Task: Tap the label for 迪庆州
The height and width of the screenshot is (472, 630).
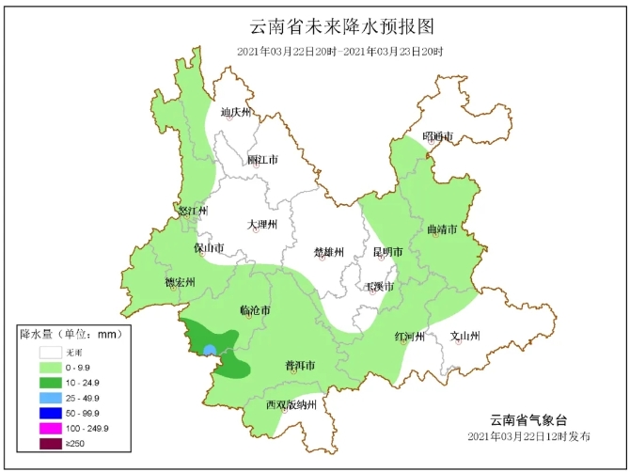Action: point(236,113)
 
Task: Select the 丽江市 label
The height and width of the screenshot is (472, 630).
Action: point(262,160)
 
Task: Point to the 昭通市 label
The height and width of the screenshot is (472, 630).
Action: point(437,137)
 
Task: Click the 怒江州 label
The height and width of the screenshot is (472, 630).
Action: point(192,211)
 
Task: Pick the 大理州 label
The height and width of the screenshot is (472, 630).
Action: point(262,225)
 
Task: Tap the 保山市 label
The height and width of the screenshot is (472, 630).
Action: point(209,248)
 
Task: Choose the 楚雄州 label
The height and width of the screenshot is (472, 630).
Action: point(329,252)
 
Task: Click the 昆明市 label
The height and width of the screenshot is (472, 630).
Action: point(387,252)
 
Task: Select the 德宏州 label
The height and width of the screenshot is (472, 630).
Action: point(179,282)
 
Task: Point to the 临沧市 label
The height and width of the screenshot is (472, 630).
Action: point(256,310)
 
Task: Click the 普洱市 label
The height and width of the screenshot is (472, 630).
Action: point(299,365)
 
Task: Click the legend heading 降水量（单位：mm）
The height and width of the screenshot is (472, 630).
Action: point(72,334)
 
